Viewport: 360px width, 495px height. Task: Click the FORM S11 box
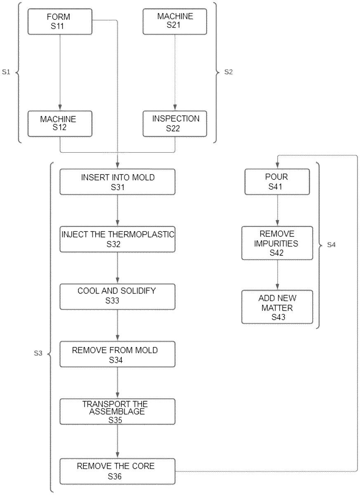pyautogui.click(x=60, y=22)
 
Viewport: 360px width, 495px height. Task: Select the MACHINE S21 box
pyautogui.click(x=174, y=22)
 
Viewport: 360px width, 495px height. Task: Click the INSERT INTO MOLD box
pyautogui.click(x=118, y=182)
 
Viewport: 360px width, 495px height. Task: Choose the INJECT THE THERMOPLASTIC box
pyautogui.click(x=118, y=239)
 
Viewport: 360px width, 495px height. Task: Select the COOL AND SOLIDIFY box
pyautogui.click(x=118, y=296)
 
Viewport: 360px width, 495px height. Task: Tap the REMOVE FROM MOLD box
pyautogui.click(x=118, y=354)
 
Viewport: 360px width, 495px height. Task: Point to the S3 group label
pyautogui.click(x=38, y=354)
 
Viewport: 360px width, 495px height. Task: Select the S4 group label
pyautogui.click(x=332, y=245)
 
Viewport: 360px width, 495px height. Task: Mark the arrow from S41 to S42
pyautogui.click(x=277, y=210)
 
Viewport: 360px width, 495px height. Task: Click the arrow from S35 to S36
pyautogui.click(x=118, y=441)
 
